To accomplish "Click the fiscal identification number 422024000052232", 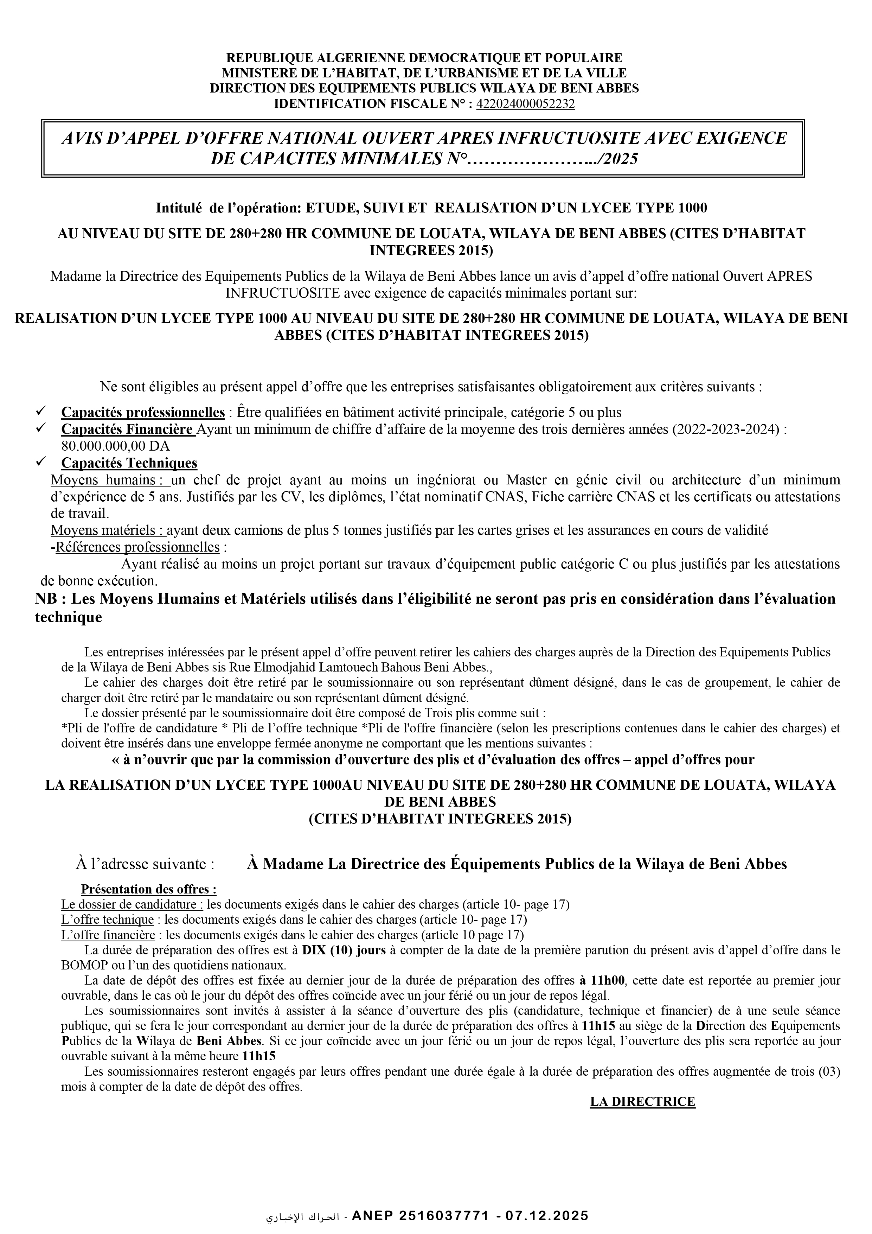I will point(525,104).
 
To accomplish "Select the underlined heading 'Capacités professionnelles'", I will point(143,412).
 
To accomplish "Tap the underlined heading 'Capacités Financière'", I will point(128,430).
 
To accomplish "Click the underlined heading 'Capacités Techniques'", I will point(129,463).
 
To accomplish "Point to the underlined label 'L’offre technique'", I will point(108,919).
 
